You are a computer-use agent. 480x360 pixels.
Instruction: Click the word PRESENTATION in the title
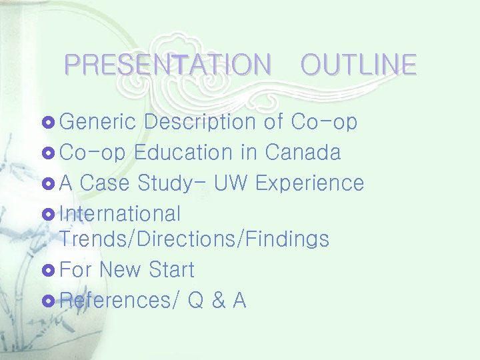tap(168, 65)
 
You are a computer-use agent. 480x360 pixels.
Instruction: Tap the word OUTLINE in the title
tap(358, 65)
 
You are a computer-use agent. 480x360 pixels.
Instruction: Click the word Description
tap(200, 123)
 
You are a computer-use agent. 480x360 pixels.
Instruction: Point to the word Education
tap(184, 153)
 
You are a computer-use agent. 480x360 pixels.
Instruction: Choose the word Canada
tap(303, 153)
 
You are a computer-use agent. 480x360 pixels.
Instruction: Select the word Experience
tap(309, 183)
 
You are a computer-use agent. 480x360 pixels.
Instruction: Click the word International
tap(120, 214)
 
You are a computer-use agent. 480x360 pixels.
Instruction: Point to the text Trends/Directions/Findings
tap(194, 239)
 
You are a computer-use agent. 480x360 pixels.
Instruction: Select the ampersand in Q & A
tap(217, 301)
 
